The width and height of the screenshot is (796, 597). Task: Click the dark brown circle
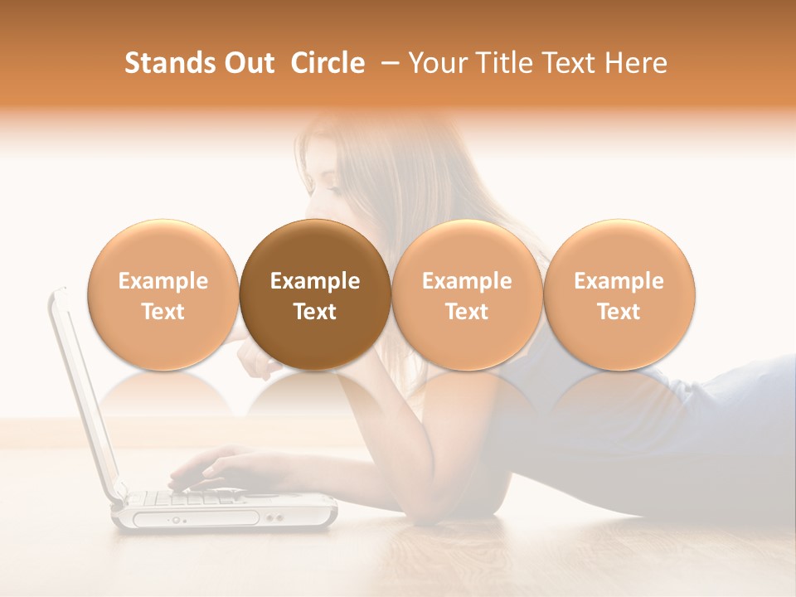coord(315,294)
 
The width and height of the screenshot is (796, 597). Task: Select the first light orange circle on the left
coord(163,294)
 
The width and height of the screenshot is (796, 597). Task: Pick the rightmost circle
coord(619,294)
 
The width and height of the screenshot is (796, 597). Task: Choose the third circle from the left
coord(467,294)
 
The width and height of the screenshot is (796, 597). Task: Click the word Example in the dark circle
coord(315,281)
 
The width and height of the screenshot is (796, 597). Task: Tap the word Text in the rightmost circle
coord(619,312)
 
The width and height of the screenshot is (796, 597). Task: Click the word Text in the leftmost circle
coord(163,312)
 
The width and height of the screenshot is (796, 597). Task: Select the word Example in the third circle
coord(467,281)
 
